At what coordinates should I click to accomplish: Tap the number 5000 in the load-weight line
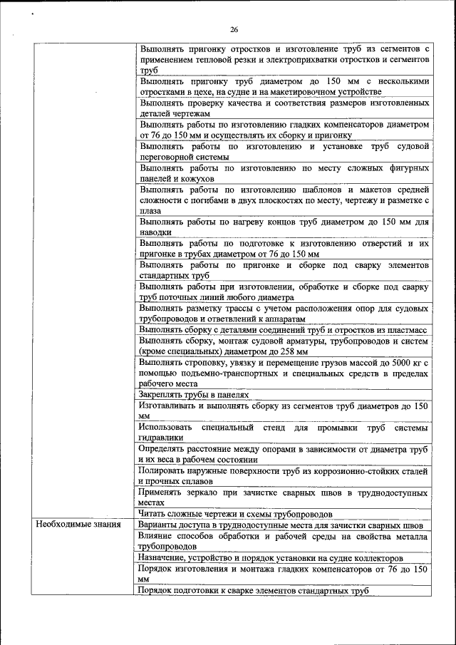390,363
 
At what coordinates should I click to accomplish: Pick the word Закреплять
163,394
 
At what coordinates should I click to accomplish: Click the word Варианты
160,525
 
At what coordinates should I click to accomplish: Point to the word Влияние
159,535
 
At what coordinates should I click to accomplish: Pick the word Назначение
165,558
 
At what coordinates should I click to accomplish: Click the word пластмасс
407,330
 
